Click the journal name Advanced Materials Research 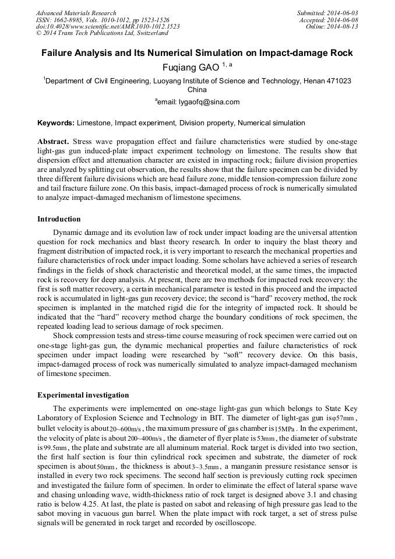click(x=76, y=13)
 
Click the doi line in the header click(x=108, y=27)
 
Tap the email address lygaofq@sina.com click(x=199, y=102)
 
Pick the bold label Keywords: click(x=56, y=123)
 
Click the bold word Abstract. click(x=54, y=142)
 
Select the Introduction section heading click(x=59, y=219)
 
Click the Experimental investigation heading click(x=83, y=395)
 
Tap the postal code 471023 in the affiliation click(x=338, y=81)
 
